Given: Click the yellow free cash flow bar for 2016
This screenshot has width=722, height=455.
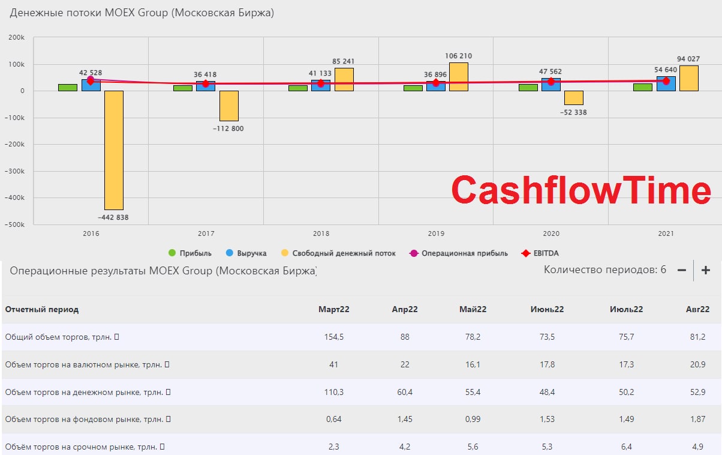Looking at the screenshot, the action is tap(114, 150).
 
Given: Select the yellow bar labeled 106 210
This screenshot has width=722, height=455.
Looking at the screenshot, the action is tap(459, 77).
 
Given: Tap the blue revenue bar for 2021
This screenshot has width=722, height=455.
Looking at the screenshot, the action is tap(666, 83).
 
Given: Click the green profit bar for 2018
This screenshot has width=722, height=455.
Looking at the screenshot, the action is tap(298, 88).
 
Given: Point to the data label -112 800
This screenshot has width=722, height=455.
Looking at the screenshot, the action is tap(228, 128).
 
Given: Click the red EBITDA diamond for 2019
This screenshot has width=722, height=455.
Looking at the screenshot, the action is tap(436, 83).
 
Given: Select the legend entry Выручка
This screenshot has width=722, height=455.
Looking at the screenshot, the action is tap(246, 253).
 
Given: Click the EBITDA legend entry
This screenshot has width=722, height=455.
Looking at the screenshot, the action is tap(540, 253).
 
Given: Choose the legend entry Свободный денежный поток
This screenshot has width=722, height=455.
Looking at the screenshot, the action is tap(338, 253).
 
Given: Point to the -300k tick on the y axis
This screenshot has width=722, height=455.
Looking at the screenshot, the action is tap(14, 171).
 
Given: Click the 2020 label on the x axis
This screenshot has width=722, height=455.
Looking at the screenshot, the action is tap(551, 234).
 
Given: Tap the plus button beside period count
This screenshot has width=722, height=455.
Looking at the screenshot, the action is tap(706, 270).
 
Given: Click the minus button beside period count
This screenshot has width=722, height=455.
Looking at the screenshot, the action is tap(681, 270).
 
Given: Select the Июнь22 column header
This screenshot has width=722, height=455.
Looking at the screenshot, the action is tap(547, 309).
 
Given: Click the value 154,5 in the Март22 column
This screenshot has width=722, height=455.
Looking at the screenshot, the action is tap(333, 337).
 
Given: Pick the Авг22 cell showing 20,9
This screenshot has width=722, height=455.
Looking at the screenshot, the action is tap(697, 364).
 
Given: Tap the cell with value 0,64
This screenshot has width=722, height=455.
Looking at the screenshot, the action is tap(333, 419).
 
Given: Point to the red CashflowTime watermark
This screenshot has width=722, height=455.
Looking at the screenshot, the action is tap(581, 190).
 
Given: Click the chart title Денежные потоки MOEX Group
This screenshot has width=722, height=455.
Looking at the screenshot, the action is tap(142, 13).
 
